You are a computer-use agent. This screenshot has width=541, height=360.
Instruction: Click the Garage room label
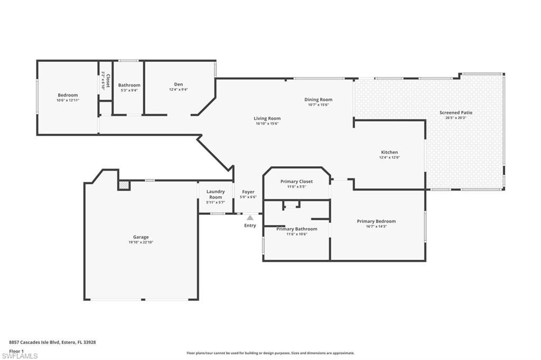(x=141, y=237)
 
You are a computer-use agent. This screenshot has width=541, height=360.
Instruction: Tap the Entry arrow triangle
(x=250, y=217)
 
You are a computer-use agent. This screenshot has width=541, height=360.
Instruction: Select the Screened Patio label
(x=455, y=112)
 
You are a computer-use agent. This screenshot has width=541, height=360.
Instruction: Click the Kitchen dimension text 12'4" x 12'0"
(x=389, y=157)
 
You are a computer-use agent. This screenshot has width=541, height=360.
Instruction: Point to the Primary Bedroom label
(x=376, y=221)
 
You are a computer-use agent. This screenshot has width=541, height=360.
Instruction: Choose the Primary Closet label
(x=296, y=182)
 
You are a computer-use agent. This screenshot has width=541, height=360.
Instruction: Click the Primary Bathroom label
(x=296, y=229)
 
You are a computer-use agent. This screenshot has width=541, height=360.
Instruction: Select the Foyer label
(x=248, y=192)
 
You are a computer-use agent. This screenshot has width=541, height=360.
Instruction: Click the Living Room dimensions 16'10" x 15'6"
(x=267, y=124)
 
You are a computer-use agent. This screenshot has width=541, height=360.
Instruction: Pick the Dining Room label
(x=318, y=99)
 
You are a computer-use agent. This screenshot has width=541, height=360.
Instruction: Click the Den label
(x=179, y=84)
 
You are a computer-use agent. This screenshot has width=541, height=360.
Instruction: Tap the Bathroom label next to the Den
(x=129, y=85)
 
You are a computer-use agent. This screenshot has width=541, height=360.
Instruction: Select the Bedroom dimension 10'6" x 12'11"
(x=68, y=100)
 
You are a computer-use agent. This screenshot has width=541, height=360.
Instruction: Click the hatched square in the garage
(x=124, y=185)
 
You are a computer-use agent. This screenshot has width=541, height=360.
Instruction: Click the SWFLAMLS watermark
(x=20, y=356)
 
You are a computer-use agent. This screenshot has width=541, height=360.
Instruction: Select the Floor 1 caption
(x=16, y=350)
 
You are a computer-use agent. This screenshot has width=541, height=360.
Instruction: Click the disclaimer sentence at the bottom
(x=270, y=353)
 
